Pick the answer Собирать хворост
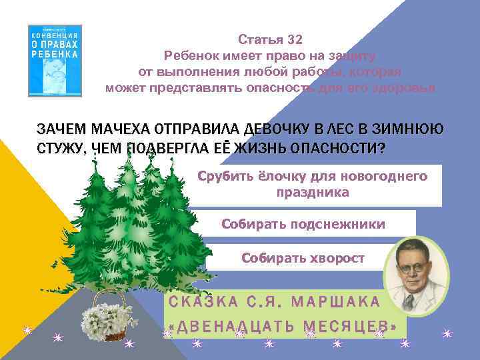click(x=303, y=257)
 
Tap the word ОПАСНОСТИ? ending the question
click(x=339, y=149)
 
